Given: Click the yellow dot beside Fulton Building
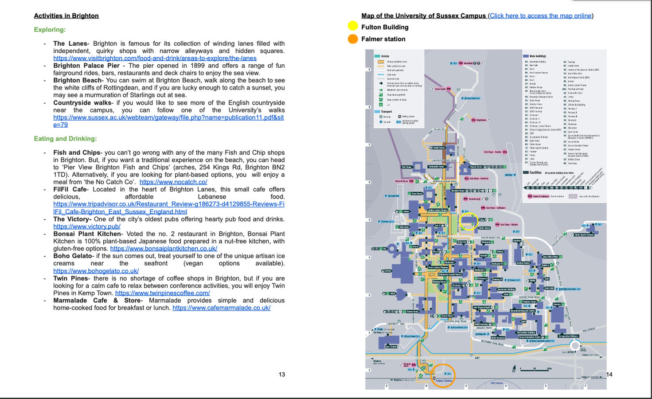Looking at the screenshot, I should [353, 27].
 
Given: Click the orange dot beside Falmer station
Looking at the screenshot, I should [353, 39].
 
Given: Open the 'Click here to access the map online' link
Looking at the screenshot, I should [540, 16].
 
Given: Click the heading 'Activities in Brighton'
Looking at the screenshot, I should [66, 16].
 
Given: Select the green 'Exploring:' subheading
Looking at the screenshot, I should [50, 30].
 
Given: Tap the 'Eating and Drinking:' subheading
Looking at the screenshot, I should [65, 139].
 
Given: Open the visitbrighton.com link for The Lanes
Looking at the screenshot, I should [155, 58].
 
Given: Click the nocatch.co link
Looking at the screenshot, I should [173, 182].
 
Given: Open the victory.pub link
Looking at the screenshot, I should [87, 227].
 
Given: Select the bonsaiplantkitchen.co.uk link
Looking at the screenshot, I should [164, 249].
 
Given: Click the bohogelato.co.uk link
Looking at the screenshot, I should [96, 271].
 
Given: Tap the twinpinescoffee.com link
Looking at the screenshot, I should [162, 293].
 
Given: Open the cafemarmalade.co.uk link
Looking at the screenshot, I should [221, 308].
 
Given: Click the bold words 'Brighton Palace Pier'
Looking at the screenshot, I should [86, 66].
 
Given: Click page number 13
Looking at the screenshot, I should [282, 375].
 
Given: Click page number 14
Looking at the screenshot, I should [609, 375].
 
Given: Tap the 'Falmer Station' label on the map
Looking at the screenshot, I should [444, 381].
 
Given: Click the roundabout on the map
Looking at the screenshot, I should [575, 345].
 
